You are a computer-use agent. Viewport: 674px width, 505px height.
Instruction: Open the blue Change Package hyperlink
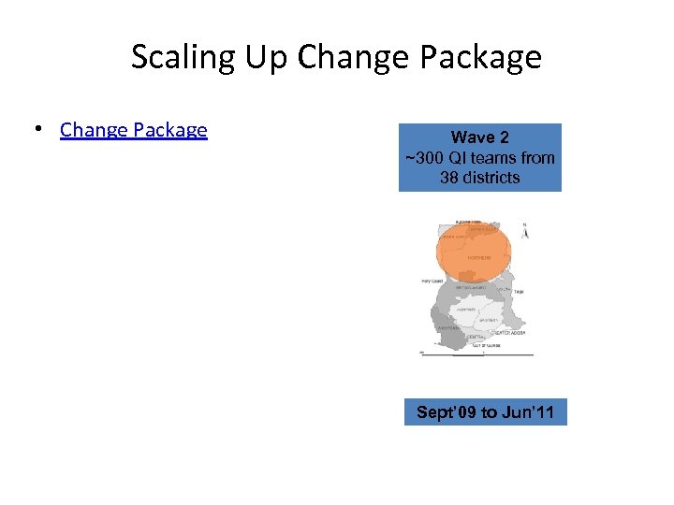[134, 130]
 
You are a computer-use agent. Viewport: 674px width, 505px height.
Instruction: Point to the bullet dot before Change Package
[37, 130]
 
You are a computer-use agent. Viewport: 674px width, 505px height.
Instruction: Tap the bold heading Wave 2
[479, 137]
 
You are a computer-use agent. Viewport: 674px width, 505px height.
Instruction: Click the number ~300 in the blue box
[424, 157]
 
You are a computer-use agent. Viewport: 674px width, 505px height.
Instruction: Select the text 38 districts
[479, 177]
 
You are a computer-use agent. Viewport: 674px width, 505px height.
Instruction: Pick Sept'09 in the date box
[447, 411]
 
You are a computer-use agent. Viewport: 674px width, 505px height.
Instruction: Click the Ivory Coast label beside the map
[432, 281]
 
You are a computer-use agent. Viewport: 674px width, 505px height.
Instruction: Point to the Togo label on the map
[518, 292]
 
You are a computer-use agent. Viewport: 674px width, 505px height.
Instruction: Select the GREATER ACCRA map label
[509, 333]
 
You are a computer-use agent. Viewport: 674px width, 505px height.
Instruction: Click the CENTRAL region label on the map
[476, 337]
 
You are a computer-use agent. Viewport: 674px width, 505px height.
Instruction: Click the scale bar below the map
[477, 354]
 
